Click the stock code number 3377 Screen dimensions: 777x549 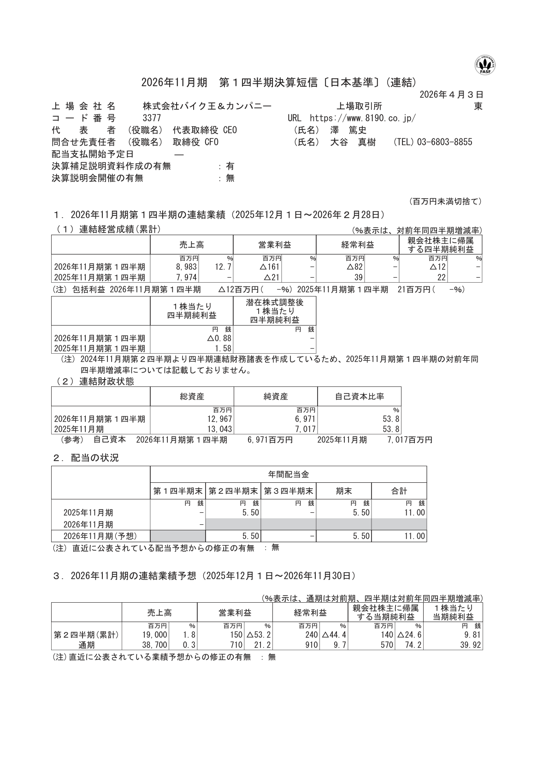pyautogui.click(x=152, y=118)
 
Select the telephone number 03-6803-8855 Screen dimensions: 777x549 pyautogui.click(x=444, y=142)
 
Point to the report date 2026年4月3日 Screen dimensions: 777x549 pyautogui.click(x=451, y=95)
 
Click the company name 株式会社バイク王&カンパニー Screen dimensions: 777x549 pyautogui.click(x=207, y=106)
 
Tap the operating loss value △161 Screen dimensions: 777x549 pyautogui.click(x=271, y=267)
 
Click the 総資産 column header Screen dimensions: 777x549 pyautogui.click(x=192, y=396)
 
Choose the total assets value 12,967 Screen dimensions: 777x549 pyautogui.click(x=219, y=419)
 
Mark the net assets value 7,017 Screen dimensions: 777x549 pyautogui.click(x=304, y=429)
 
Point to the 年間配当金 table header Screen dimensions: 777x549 pyautogui.click(x=288, y=474)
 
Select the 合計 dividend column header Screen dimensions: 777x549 pyautogui.click(x=399, y=491)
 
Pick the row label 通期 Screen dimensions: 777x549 pyautogui.click(x=86, y=645)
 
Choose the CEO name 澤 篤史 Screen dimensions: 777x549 pyautogui.click(x=348, y=130)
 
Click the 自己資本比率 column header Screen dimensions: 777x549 pyautogui.click(x=359, y=396)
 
